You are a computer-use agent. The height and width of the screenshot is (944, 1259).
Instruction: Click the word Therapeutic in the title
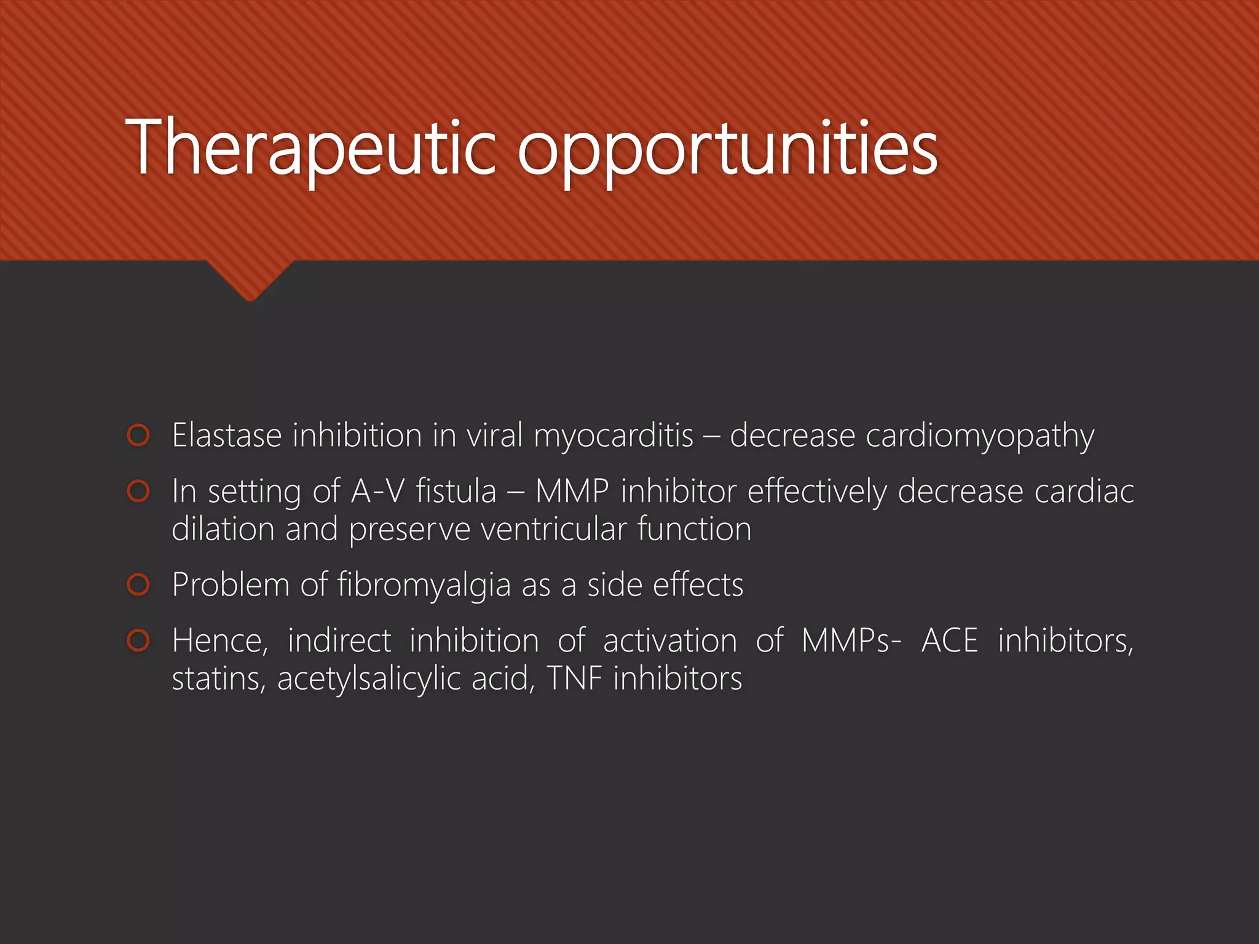tap(310, 147)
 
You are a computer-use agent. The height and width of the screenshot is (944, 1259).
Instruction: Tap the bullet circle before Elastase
tap(138, 435)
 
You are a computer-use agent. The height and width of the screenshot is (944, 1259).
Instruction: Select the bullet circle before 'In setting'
tap(138, 491)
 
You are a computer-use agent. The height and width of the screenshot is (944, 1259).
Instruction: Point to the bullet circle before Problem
tap(138, 584)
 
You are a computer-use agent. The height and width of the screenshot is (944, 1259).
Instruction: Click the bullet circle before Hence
tap(138, 640)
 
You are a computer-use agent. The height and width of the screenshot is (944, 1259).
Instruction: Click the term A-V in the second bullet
tap(377, 491)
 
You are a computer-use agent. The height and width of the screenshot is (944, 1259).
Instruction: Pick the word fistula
tap(456, 491)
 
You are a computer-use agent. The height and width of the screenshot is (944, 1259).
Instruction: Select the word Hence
tap(219, 641)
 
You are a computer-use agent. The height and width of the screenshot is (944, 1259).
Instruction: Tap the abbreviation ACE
tap(950, 640)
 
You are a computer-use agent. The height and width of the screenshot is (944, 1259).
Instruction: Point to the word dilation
tap(223, 529)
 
